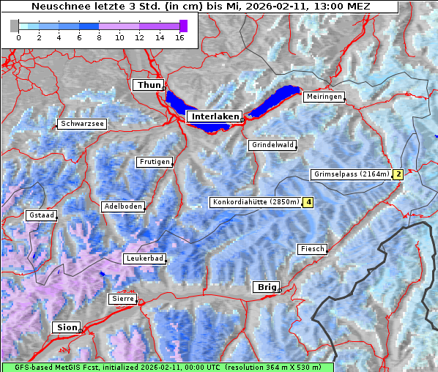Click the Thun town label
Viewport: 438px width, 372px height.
click(149, 86)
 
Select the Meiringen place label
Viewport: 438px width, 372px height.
click(322, 97)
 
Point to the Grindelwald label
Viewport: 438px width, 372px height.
click(272, 145)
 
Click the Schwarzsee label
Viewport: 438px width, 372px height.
click(82, 124)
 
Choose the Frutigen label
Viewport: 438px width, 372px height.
click(154, 162)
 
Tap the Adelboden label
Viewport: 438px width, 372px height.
click(122, 207)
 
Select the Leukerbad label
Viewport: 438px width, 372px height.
click(144, 258)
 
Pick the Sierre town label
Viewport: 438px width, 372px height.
click(122, 299)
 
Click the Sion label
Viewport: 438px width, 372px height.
click(66, 327)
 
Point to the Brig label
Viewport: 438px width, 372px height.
click(264, 287)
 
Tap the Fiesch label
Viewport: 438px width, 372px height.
click(312, 249)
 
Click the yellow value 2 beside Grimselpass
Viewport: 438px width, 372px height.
click(398, 174)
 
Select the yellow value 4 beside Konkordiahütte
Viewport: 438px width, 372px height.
click(309, 202)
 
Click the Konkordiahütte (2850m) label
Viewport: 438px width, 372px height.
click(255, 202)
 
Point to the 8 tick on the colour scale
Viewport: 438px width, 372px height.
click(99, 37)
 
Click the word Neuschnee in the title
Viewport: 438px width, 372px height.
click(55, 7)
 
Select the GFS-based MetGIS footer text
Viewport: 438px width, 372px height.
click(167, 367)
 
